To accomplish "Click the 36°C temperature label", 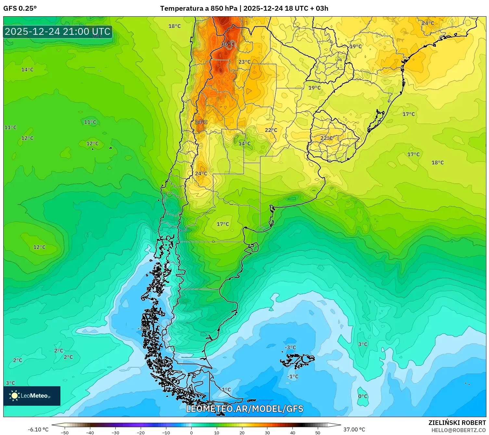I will point(227,44).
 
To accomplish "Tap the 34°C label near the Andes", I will point(201,122).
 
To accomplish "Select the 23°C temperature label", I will point(244,62).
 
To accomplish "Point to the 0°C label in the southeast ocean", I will point(363,396).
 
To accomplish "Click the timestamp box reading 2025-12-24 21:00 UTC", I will point(58,32).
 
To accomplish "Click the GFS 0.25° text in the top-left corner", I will point(20,8).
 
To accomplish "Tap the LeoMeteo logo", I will point(32,396).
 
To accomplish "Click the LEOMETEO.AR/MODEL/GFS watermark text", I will point(244,409).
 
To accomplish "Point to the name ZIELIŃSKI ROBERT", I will point(457,423).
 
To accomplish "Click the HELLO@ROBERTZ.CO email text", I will point(458,430).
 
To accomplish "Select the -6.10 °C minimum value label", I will point(38,429).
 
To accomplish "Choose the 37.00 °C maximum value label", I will point(354,429).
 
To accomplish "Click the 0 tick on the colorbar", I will point(191,432).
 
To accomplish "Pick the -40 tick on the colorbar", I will point(90,432).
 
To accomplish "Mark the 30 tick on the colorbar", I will point(267,432).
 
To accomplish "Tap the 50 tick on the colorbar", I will point(317,432).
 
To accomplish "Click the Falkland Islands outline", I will point(297,360).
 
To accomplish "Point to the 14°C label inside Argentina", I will point(244,143).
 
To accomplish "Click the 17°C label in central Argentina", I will point(223,224).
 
